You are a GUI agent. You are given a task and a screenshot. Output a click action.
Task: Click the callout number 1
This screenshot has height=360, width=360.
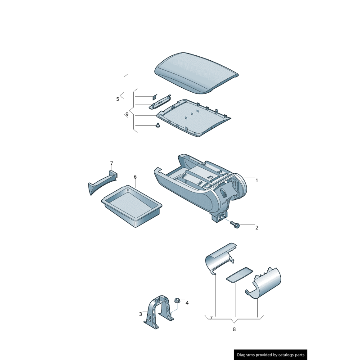256,180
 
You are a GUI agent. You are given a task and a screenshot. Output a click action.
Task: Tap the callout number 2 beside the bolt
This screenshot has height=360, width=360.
256,228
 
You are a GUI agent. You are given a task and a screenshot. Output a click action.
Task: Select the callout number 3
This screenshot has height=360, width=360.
140,314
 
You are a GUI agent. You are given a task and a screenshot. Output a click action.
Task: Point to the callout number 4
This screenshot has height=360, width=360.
187,303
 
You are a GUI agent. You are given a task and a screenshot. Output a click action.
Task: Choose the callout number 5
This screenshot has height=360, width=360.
118,99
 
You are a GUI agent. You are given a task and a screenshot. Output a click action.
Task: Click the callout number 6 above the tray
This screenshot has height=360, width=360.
135,177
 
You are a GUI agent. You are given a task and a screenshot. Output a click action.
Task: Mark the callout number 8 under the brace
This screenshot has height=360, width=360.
234,329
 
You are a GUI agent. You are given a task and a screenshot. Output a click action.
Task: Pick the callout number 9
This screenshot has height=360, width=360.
127,114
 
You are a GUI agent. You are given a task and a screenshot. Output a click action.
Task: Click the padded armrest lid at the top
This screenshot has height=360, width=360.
196,72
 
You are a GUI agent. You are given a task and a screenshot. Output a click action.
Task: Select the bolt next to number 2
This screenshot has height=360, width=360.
234,224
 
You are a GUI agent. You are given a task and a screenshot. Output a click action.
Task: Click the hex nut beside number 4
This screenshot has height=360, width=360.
177,300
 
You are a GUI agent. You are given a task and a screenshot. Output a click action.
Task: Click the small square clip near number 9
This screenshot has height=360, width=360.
154,96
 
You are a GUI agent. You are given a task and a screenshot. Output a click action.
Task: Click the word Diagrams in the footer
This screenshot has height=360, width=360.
249,355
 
